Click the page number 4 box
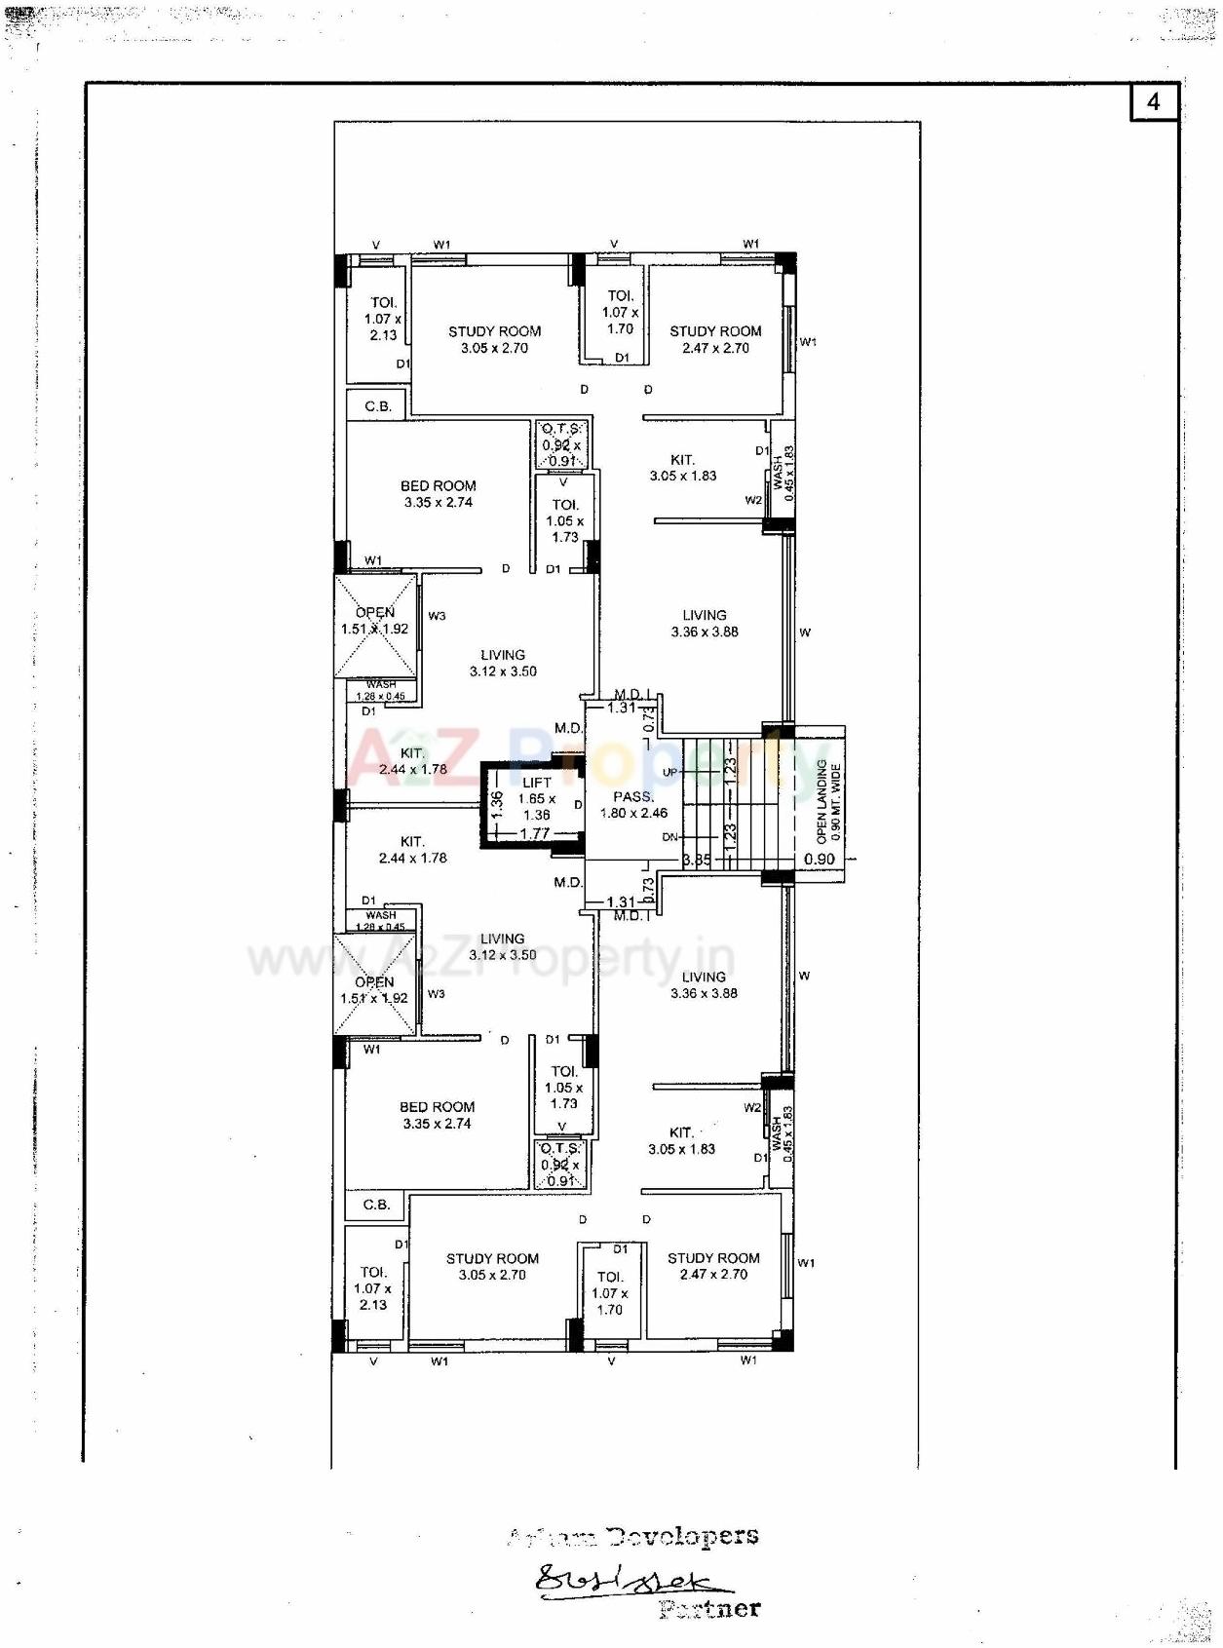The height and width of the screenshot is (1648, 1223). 1154,101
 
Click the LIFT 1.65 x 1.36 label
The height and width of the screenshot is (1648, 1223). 537,798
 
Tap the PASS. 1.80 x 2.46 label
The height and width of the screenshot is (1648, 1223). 633,805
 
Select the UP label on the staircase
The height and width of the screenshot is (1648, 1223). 670,773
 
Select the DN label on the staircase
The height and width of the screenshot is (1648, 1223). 670,837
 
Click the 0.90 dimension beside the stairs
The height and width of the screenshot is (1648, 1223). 820,859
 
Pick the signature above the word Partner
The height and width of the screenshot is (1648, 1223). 633,1580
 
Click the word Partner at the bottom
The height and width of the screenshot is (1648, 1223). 709,1609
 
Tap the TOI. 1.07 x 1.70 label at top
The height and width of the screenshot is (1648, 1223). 621,312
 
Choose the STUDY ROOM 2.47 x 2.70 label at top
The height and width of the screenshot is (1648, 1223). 715,339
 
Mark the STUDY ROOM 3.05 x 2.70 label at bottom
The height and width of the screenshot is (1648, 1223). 492,1266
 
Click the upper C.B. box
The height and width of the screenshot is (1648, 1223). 377,406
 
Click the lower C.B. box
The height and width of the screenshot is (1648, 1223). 376,1205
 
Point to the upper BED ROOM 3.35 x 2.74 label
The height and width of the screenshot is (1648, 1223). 439,493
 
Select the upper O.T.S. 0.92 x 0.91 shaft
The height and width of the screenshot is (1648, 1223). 561,444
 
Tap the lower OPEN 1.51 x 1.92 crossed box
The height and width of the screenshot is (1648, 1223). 374,985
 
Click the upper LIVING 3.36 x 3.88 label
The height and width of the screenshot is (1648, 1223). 705,623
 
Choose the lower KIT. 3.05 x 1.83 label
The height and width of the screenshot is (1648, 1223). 681,1140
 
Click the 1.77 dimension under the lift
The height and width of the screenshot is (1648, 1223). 534,833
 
